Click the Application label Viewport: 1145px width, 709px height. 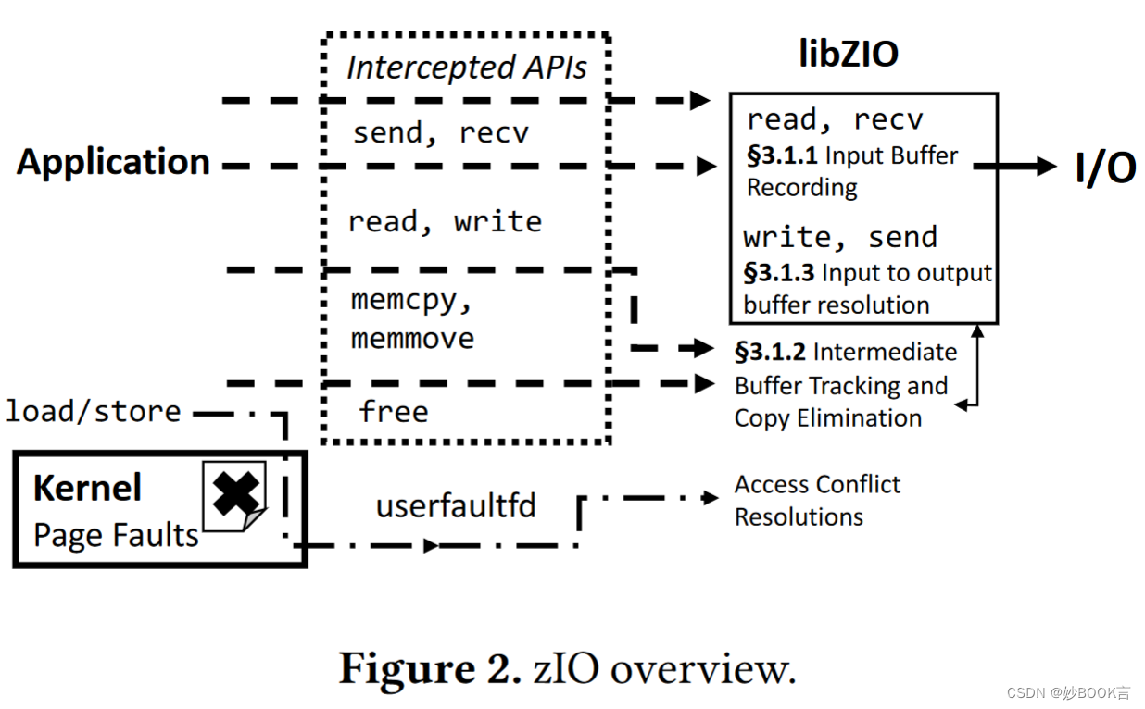(x=113, y=162)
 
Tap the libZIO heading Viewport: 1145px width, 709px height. (x=848, y=54)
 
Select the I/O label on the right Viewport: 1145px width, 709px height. (x=1104, y=168)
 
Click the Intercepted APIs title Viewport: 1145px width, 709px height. (x=466, y=68)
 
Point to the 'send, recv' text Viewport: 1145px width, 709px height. (x=440, y=132)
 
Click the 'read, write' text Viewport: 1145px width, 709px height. (x=444, y=221)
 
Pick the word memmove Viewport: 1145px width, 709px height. (x=412, y=338)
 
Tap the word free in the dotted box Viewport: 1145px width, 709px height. (x=393, y=411)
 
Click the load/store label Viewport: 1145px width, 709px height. (x=93, y=410)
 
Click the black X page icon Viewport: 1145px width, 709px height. (x=234, y=495)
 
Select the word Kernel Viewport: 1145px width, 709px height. (x=87, y=488)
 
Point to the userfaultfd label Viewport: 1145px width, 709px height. (x=456, y=506)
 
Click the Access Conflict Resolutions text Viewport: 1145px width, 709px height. (x=816, y=500)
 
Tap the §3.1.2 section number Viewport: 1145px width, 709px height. (x=770, y=352)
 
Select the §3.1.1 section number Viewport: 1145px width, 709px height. (x=782, y=155)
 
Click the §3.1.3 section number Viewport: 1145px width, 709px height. (x=779, y=273)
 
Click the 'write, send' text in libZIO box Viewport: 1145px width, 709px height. (x=840, y=237)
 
